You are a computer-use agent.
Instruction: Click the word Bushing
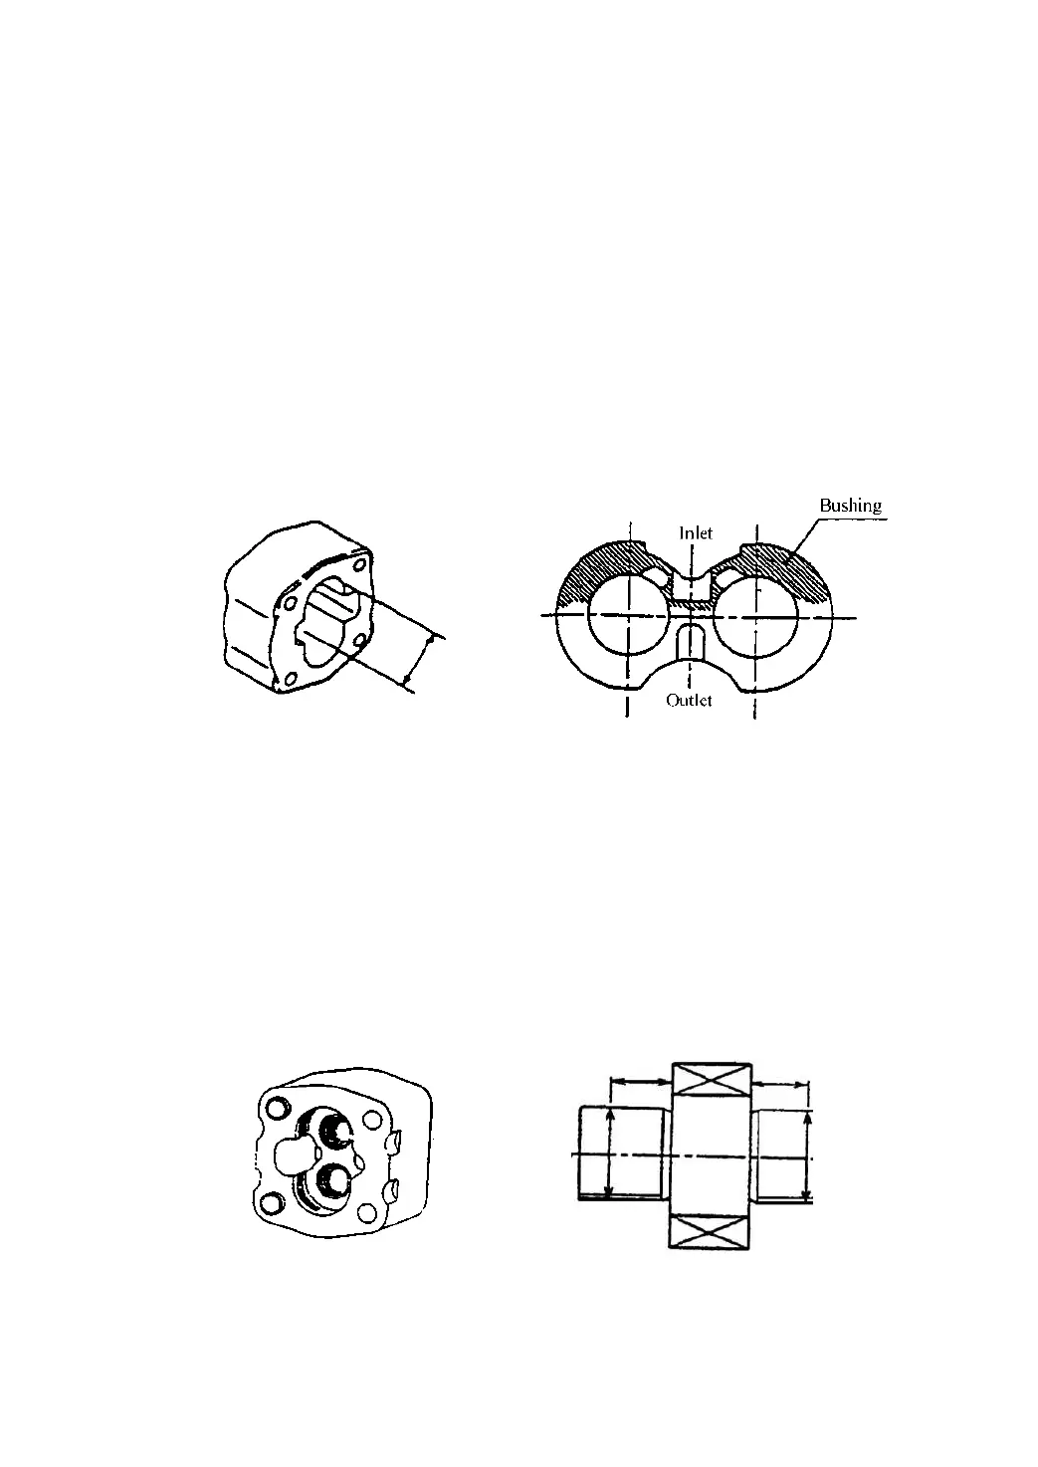tap(850, 506)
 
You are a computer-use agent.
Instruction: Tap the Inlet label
tap(696, 532)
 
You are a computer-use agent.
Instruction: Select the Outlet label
tap(690, 700)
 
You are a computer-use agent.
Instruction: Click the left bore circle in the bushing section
tap(629, 616)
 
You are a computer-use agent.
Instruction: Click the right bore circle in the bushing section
tap(755, 616)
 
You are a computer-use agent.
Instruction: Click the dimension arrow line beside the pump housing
tap(420, 660)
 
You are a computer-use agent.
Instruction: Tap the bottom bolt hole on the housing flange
tap(288, 680)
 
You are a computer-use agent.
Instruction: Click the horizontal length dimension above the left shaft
tap(639, 1081)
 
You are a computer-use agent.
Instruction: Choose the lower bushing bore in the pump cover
tap(331, 1181)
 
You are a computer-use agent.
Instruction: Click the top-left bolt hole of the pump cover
tap(276, 1106)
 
